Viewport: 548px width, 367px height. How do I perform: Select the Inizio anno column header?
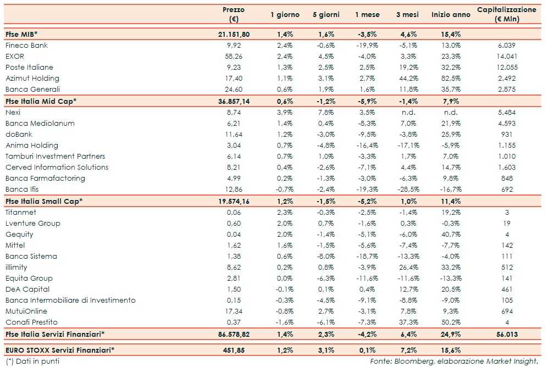[x=451, y=15]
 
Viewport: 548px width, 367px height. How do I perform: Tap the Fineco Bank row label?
[x=26, y=45]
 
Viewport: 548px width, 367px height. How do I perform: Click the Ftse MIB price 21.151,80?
[x=234, y=34]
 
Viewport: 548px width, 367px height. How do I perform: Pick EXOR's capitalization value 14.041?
[x=506, y=56]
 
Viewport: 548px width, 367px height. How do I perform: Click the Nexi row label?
[x=13, y=112]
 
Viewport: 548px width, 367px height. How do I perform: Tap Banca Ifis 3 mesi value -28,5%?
[x=407, y=189]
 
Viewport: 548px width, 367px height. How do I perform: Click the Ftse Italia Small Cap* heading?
[x=44, y=201]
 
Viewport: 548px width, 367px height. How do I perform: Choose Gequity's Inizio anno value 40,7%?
[x=451, y=234]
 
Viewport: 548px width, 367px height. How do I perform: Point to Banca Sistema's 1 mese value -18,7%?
[x=367, y=256]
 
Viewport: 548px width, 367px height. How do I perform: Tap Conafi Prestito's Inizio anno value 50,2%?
[x=451, y=322]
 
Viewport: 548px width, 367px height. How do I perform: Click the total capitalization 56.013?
[x=506, y=333]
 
